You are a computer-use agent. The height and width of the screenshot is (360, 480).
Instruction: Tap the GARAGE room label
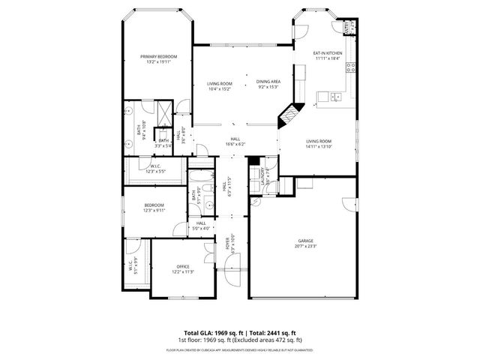point(306,241)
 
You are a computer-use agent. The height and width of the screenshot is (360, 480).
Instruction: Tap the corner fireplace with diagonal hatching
point(289,116)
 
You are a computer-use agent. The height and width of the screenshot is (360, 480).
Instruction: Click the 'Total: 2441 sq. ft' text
point(271,333)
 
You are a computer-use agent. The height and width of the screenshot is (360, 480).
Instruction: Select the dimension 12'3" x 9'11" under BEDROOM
point(154,211)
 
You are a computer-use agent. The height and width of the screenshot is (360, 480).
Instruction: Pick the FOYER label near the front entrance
point(228,242)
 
